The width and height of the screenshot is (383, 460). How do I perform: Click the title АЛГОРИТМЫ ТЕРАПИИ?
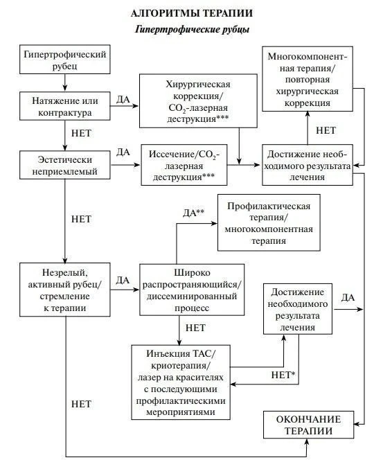191,13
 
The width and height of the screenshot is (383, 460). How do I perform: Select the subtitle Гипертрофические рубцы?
192,29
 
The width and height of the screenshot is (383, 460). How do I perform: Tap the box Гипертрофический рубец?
65,60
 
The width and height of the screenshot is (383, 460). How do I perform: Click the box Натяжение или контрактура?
65,106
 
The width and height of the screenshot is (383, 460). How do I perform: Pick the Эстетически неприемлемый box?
65,165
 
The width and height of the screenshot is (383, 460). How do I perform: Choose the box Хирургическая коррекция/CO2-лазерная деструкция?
198,101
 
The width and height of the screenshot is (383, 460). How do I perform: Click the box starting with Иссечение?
184,165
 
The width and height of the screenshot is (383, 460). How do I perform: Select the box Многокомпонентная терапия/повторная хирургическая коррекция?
308,79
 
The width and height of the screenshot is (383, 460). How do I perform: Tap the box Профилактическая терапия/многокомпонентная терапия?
269,222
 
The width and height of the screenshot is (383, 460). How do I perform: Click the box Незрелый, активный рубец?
65,290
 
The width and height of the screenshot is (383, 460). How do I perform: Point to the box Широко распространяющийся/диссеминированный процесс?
192,290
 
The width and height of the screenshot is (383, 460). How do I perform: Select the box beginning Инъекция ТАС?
181,382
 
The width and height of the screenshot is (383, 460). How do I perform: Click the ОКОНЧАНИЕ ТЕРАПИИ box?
308,425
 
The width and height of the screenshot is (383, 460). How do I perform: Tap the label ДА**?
193,213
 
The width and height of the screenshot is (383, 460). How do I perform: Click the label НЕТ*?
283,375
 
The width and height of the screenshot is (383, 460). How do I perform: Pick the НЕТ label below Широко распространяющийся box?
195,328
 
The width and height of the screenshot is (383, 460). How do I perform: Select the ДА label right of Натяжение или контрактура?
123,99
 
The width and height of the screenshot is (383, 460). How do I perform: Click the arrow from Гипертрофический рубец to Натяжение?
65,82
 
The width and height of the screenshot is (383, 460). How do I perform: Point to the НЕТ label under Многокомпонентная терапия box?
326,130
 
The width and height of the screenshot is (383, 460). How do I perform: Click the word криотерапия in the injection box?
181,366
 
